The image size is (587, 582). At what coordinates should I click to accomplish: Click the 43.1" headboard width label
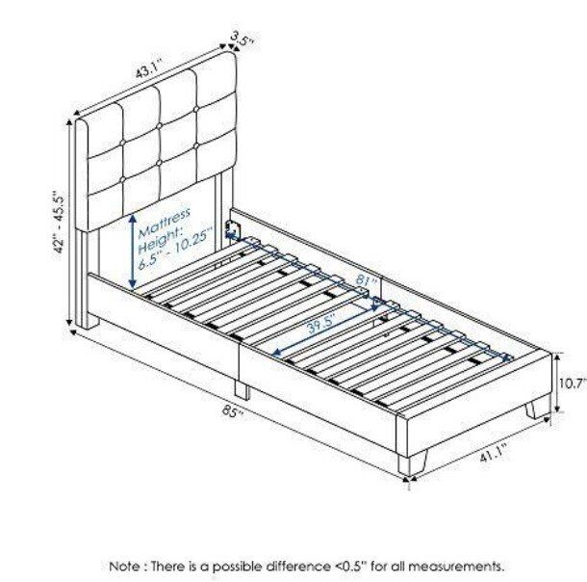point(148,68)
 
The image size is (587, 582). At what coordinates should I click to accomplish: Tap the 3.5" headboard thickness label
point(242,39)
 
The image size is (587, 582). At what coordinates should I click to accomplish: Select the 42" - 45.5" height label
point(60,224)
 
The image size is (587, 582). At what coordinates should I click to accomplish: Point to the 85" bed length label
point(233,411)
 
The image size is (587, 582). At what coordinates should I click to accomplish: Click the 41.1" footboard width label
point(493,452)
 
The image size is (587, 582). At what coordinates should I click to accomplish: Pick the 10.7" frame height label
point(573,384)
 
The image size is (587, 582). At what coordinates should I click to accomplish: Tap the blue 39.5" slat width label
point(321,325)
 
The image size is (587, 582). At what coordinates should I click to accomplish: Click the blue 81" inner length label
point(362,280)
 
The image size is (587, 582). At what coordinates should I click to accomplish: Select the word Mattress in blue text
point(164,223)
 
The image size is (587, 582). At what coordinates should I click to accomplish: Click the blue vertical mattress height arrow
point(132,251)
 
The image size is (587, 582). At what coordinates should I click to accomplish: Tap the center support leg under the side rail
point(242,389)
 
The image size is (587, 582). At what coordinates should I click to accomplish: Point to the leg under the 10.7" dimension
point(538,410)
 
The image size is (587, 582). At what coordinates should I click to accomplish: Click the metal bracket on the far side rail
point(232,228)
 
